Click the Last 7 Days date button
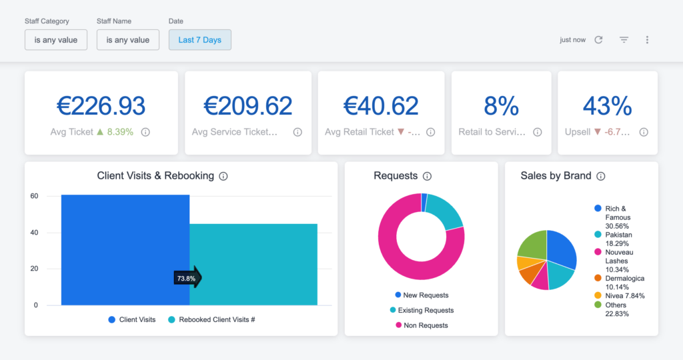pyautogui.click(x=199, y=40)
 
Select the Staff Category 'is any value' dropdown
pyautogui.click(x=56, y=40)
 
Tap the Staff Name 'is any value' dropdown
pyautogui.click(x=128, y=40)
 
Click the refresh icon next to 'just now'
pyautogui.click(x=598, y=40)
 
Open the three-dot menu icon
pyautogui.click(x=647, y=40)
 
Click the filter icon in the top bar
pyautogui.click(x=624, y=40)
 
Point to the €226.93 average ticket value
pyautogui.click(x=101, y=106)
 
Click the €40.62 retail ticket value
pyautogui.click(x=381, y=106)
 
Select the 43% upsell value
pyautogui.click(x=607, y=106)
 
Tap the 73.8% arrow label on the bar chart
pyautogui.click(x=187, y=278)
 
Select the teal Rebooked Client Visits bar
pyautogui.click(x=253, y=264)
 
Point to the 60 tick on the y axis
pyautogui.click(x=33, y=196)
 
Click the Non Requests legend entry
pyautogui.click(x=425, y=325)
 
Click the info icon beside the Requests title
pyautogui.click(x=428, y=177)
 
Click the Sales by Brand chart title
pyautogui.click(x=556, y=176)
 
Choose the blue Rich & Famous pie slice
pyautogui.click(x=562, y=249)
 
